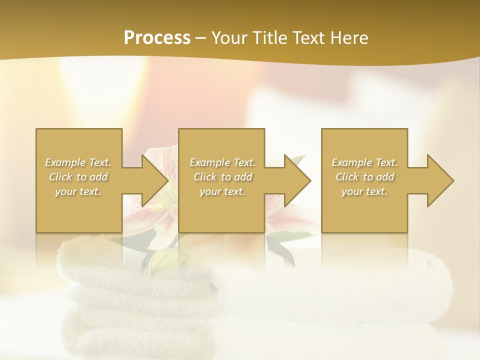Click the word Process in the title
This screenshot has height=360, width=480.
pyautogui.click(x=157, y=38)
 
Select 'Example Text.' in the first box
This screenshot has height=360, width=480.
pyautogui.click(x=78, y=162)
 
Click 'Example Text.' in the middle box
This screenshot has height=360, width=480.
pyautogui.click(x=222, y=162)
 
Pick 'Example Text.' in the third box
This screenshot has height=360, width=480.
pyautogui.click(x=364, y=162)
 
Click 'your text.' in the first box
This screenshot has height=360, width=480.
pyautogui.click(x=78, y=191)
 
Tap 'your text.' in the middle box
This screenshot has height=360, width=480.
pyautogui.click(x=222, y=191)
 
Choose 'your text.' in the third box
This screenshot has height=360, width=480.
pyautogui.click(x=364, y=191)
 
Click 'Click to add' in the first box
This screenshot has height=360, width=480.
pyautogui.click(x=78, y=177)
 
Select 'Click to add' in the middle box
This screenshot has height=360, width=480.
pyautogui.click(x=222, y=177)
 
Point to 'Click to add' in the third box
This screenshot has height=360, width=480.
pyautogui.click(x=364, y=177)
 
